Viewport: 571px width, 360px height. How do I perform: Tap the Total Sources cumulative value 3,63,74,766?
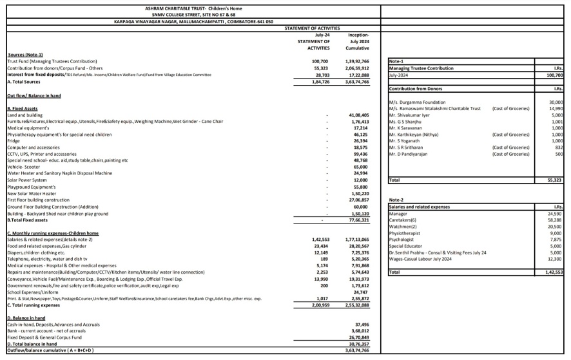(358, 82)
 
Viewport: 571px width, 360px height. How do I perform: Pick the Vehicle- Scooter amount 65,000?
(360, 167)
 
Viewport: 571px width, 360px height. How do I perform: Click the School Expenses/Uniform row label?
(32, 292)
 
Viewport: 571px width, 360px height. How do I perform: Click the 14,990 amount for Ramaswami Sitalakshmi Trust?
(556, 109)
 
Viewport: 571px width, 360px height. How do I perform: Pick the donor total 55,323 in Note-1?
(555, 180)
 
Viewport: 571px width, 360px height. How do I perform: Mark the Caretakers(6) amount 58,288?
(555, 220)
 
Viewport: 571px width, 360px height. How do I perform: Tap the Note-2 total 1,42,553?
(553, 272)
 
